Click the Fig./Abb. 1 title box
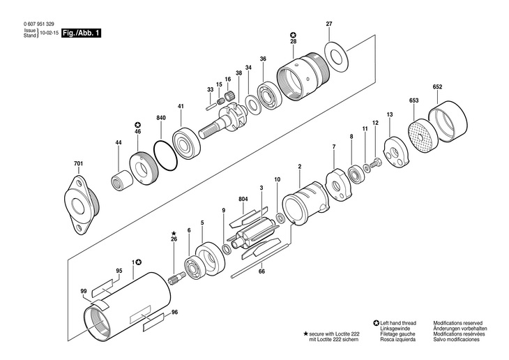tap(80, 33)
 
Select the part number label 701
tap(78, 164)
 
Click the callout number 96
tap(174, 313)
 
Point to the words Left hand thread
tap(401, 323)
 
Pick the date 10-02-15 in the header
tap(48, 33)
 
